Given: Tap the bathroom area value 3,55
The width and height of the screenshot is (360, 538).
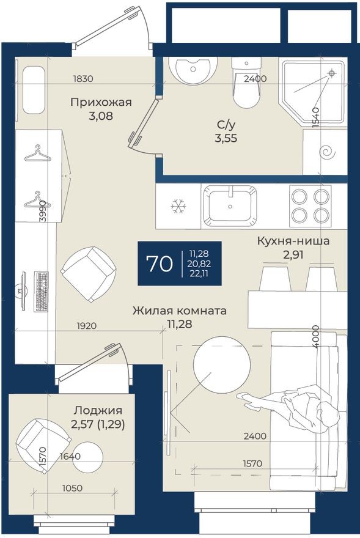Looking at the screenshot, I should [226, 138].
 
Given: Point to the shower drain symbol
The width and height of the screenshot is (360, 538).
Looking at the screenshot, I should [331, 73].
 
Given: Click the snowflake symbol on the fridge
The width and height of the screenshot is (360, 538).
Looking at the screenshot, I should [178, 207].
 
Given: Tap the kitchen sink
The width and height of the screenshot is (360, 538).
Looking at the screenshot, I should [230, 205].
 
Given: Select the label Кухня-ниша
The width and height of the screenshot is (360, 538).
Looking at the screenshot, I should [293, 241].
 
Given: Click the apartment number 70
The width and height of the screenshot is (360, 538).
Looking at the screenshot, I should [159, 263].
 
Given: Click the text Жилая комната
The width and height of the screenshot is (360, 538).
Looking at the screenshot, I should [180, 311].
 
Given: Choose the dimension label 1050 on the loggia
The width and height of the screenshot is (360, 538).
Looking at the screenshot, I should [72, 488].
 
